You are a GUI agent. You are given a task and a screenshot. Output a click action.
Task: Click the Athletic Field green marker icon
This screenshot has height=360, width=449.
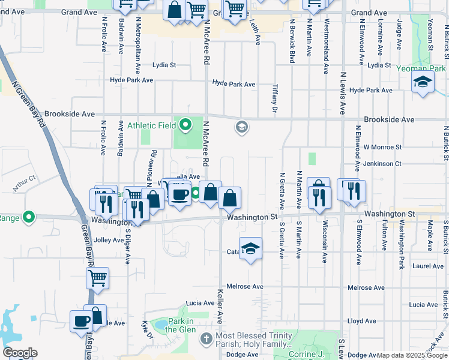coord(185,125)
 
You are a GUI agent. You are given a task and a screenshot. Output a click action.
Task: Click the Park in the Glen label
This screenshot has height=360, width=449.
coord(179,325)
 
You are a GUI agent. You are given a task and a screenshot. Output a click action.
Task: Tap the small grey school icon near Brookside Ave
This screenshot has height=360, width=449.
coord(241,126)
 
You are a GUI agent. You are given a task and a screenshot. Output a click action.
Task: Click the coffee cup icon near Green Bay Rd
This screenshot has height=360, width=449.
coord(80,321)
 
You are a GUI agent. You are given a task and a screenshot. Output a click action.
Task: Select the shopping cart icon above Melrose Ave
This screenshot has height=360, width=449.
coord(97,277)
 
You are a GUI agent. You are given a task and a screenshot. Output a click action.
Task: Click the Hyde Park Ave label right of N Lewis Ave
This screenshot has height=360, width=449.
coord(370,90)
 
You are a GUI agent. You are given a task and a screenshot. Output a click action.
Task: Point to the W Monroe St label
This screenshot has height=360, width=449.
coord(382,146)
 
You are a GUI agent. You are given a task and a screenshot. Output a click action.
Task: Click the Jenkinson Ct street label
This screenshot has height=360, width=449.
coord(382,163)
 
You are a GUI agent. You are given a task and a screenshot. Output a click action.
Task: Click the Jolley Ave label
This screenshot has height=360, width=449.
coord(109,240)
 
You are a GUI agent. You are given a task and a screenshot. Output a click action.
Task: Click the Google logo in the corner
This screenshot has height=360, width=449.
coord(20,353)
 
